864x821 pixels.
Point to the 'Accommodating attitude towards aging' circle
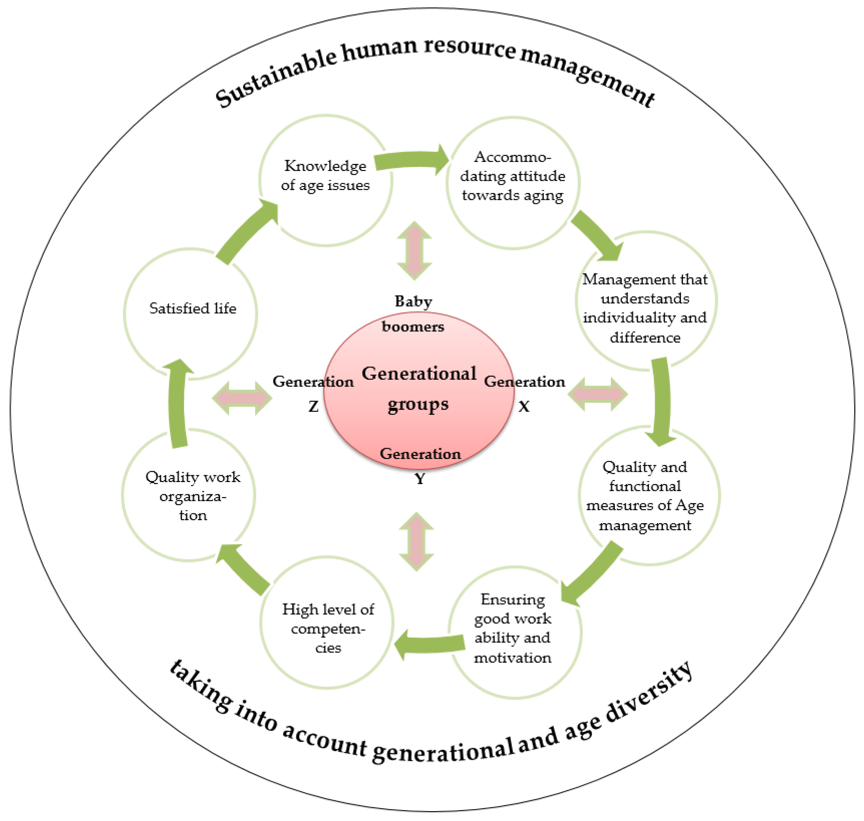[512, 183]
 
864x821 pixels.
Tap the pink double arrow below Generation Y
[417, 542]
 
